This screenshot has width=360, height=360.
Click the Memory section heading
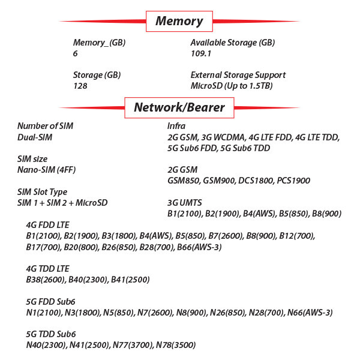179,21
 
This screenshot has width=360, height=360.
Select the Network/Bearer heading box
179,107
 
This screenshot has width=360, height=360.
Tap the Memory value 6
76,53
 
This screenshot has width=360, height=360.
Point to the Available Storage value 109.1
200,53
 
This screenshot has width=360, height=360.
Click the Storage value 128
80,86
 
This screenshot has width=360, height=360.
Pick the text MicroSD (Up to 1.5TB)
232,86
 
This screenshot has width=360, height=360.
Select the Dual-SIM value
35,137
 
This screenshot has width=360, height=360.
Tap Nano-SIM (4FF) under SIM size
46,170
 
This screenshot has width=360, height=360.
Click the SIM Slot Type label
42,192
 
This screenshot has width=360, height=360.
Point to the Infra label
176,126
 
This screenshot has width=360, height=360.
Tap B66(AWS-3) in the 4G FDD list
199,247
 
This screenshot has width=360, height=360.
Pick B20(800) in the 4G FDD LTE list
82,247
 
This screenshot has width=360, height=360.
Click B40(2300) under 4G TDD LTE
88,280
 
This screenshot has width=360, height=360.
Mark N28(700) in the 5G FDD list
266,313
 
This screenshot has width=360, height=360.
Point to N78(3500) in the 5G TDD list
176,345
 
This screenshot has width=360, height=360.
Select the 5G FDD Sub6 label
50,302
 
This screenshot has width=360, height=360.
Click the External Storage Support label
238,75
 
